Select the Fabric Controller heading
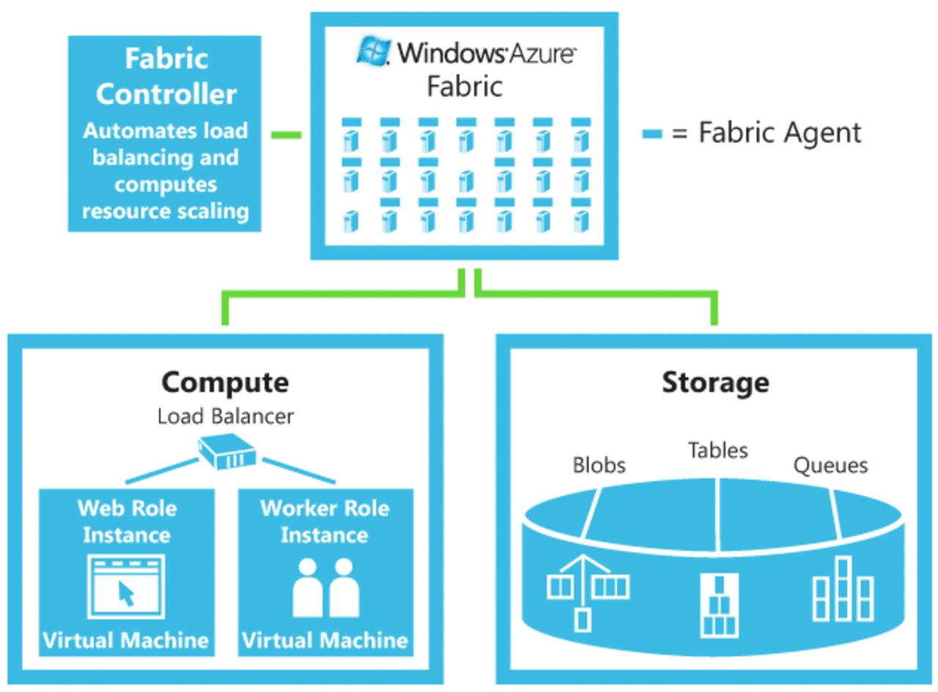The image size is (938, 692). (166, 76)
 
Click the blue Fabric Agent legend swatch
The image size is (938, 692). (651, 134)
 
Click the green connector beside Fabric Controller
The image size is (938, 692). (287, 135)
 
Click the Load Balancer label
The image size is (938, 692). (226, 417)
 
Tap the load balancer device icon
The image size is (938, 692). (227, 453)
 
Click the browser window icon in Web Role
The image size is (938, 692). (126, 587)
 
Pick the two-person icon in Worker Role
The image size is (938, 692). (325, 587)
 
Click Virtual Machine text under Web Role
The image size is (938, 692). (126, 641)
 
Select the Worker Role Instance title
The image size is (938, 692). (325, 521)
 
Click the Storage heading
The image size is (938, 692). (715, 382)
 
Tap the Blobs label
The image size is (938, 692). (599, 466)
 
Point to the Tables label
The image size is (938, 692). (718, 450)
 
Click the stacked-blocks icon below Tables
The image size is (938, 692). (720, 606)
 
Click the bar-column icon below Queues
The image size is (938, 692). (843, 589)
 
